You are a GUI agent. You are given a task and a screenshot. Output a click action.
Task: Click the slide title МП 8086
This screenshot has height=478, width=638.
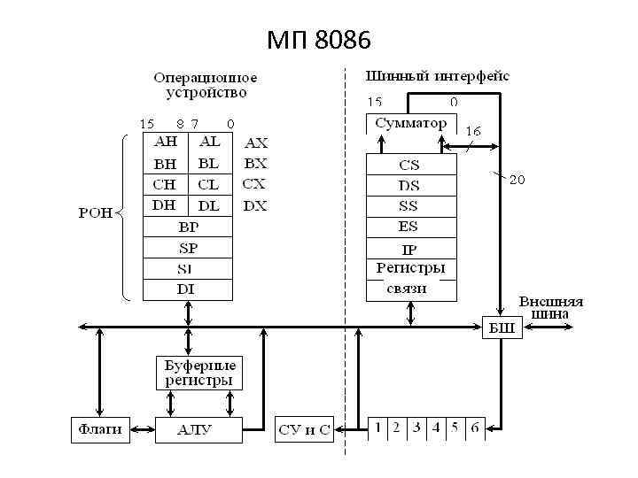point(319,40)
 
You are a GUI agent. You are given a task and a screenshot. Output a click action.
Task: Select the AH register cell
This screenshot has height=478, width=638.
point(166,143)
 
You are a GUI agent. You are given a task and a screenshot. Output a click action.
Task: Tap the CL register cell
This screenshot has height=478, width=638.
point(209,184)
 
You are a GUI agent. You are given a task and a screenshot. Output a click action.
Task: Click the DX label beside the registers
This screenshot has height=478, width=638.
point(255,205)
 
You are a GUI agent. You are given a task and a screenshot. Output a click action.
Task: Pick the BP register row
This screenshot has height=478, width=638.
point(188,227)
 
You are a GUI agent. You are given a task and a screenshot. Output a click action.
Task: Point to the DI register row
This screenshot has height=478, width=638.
point(188,289)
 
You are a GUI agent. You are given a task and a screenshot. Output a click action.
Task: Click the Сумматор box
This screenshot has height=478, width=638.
point(411,123)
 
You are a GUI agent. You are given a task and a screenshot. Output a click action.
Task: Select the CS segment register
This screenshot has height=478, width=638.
point(409,165)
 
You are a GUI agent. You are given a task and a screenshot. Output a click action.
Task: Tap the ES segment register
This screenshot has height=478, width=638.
point(409,227)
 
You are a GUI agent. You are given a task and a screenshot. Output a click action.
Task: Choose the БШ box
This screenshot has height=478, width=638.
point(502,328)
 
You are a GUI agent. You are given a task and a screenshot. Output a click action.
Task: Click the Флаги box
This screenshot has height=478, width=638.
point(99,429)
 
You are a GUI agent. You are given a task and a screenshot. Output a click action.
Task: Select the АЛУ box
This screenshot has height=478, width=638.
point(195,429)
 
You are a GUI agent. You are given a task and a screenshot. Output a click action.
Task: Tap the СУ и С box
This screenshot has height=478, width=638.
point(304,430)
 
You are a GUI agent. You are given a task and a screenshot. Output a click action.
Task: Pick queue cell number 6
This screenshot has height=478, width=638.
point(475,428)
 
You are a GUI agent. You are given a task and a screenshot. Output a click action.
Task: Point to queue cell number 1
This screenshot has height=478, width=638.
point(377,428)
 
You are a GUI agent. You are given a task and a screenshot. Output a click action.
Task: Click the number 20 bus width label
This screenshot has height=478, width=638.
point(517,180)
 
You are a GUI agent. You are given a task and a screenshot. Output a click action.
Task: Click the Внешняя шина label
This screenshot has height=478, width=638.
point(551,305)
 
